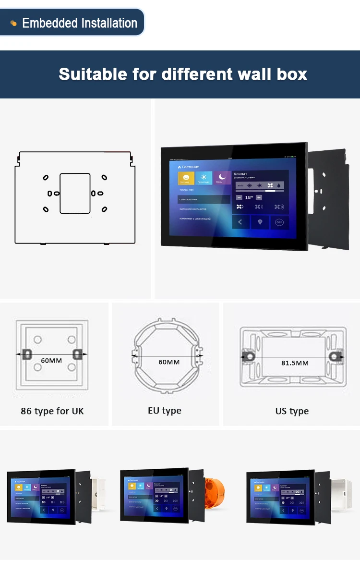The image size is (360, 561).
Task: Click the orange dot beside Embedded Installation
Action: click(13, 23)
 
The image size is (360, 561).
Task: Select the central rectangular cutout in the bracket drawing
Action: click(75, 193)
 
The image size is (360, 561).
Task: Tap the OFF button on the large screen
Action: click(279, 222)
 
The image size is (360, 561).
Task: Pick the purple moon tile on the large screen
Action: click(222, 178)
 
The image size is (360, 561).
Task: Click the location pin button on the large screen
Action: click(260, 222)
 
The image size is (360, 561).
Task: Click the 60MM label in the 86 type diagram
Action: click(51, 360)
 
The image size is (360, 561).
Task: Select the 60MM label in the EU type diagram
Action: click(169, 361)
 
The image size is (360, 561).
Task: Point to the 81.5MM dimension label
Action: click(295, 363)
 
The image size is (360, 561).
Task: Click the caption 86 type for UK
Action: click(52, 411)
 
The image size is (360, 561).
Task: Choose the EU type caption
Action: click(165, 411)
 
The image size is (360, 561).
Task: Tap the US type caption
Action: click(292, 411)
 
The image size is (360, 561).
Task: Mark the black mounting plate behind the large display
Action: click(329, 197)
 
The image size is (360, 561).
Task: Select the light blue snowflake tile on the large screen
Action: click(204, 178)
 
